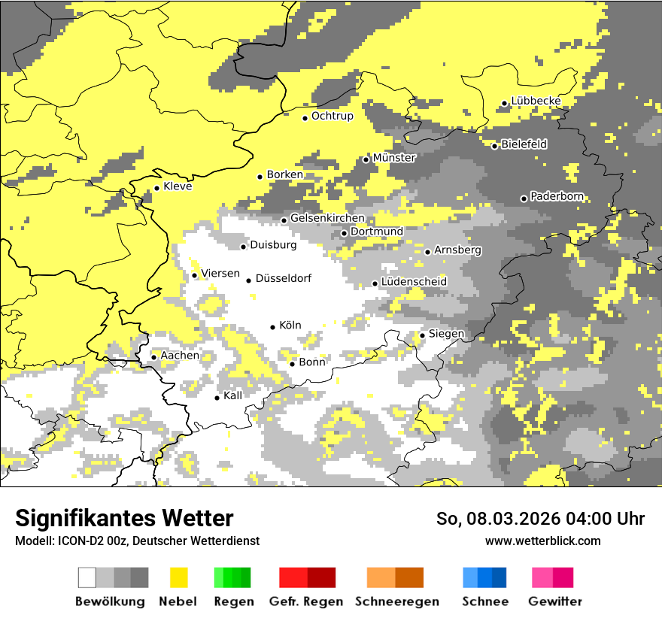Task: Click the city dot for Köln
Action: click(273, 327)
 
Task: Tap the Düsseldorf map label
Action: click(284, 279)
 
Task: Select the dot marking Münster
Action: click(366, 159)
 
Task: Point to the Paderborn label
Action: click(557, 197)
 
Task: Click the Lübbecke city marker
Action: click(505, 104)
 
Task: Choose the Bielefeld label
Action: click(524, 144)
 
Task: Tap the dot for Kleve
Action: click(156, 189)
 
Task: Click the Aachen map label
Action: click(181, 356)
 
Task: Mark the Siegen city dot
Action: click(423, 335)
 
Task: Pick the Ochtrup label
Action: click(333, 117)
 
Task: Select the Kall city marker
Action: click(217, 398)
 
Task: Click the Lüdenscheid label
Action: click(414, 282)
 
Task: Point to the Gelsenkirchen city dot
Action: click(284, 220)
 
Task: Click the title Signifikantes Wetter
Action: click(124, 519)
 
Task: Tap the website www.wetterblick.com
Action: click(543, 541)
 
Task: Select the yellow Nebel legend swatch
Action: click(179, 577)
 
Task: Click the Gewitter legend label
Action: click(555, 602)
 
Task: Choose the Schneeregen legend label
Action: click(397, 602)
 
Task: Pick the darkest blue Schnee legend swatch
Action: click(500, 577)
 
